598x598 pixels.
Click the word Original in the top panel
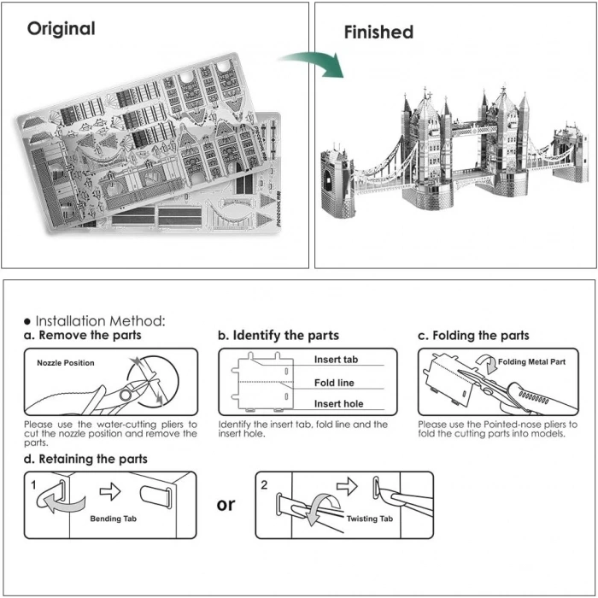point(61,28)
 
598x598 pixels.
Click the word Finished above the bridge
point(378,32)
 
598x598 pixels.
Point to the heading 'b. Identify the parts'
point(278,336)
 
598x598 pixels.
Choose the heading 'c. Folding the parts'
point(473,336)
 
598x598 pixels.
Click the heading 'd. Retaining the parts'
point(85,459)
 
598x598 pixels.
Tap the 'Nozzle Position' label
point(66,363)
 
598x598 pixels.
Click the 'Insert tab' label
point(336,361)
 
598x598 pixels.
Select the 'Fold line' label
point(334,383)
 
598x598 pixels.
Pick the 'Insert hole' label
point(338,403)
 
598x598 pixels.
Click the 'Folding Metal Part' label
point(531,362)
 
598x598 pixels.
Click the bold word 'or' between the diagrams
point(226,504)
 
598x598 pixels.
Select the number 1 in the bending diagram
point(32,484)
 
